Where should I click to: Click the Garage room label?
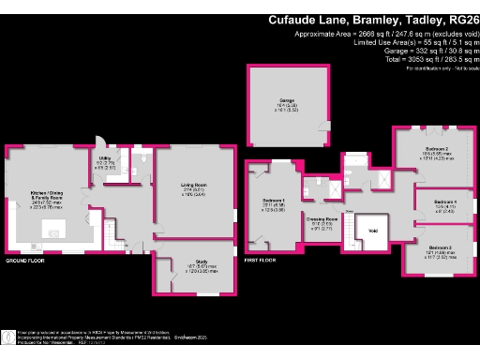[x=287, y=100]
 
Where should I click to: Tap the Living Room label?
[x=193, y=186]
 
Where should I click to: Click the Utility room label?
[x=106, y=162]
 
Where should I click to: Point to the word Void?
[x=372, y=231]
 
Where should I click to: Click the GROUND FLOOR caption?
[x=24, y=260]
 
